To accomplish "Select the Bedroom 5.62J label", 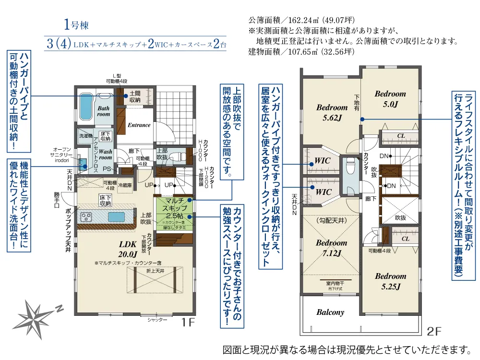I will (332, 112).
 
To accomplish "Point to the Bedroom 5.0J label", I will (390, 98).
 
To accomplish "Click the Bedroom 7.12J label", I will (331, 248).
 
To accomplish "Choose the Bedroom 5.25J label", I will (390, 281).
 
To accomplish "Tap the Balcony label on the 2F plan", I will (330, 312).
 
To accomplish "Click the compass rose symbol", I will (36, 316).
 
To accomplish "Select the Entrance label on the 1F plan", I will (139, 125).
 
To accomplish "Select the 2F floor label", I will (434, 331).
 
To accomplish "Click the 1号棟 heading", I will (76, 25).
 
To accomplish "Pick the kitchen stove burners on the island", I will (87, 217).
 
